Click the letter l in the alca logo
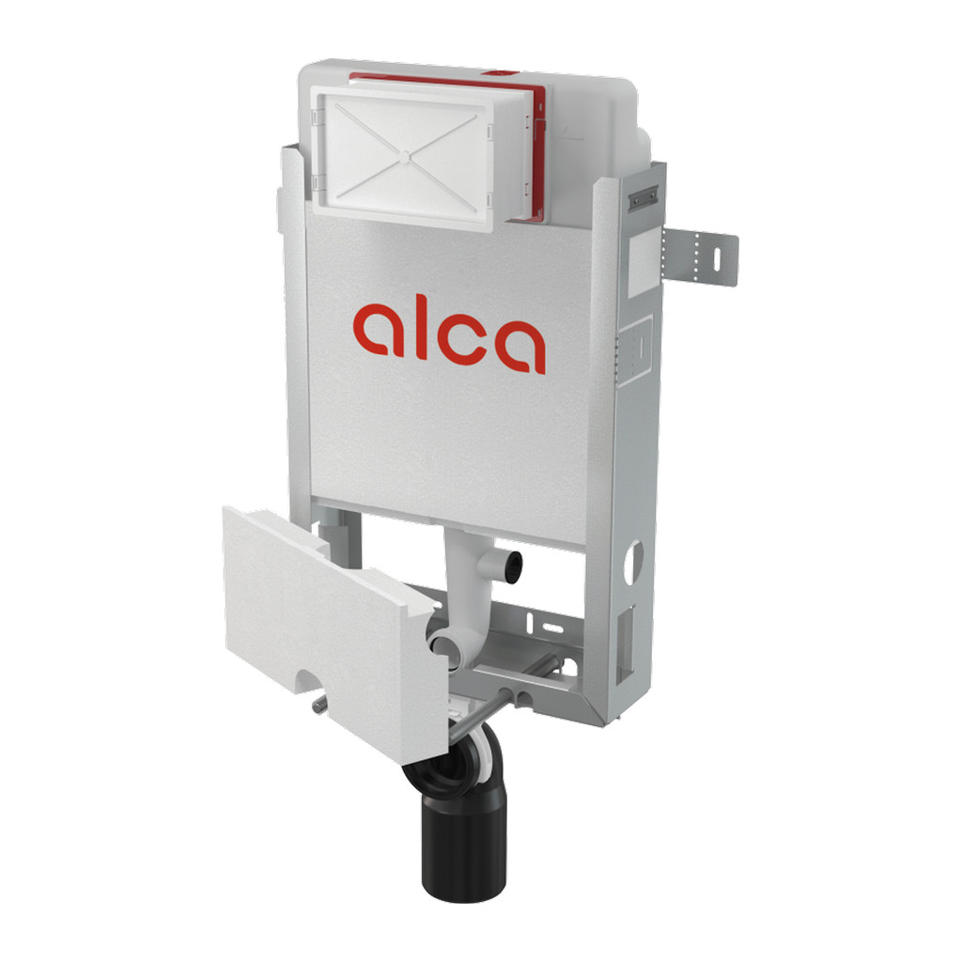(421, 326)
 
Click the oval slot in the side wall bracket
(717, 257)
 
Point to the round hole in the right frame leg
(633, 562)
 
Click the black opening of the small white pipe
(514, 563)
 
